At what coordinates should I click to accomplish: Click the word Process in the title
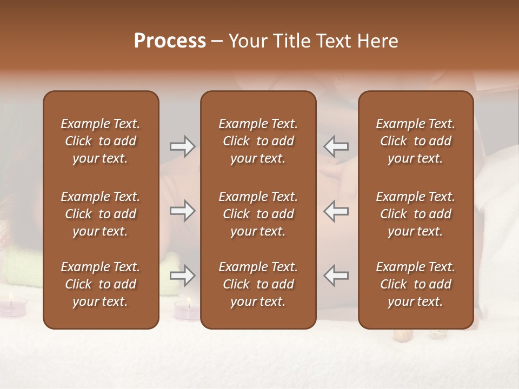point(170,41)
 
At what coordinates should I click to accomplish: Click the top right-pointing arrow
point(182,146)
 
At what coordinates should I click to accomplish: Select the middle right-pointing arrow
point(182,211)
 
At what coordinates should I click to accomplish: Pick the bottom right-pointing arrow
point(182,276)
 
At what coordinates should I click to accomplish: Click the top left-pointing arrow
point(336,146)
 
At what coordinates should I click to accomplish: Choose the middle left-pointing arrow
point(336,211)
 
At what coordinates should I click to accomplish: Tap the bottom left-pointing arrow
point(336,276)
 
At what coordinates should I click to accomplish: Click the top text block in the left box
point(101,141)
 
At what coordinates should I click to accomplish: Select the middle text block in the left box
point(101,214)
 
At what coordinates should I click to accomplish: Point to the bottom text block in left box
point(101,284)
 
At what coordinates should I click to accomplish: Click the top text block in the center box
point(258,141)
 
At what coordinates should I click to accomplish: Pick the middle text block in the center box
point(258,214)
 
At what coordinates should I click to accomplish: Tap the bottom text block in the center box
point(258,284)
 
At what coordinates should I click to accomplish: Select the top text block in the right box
point(416,141)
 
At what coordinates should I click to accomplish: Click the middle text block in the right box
point(416,214)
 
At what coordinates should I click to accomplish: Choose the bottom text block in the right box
point(416,284)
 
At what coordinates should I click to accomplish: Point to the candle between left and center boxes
point(187,310)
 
